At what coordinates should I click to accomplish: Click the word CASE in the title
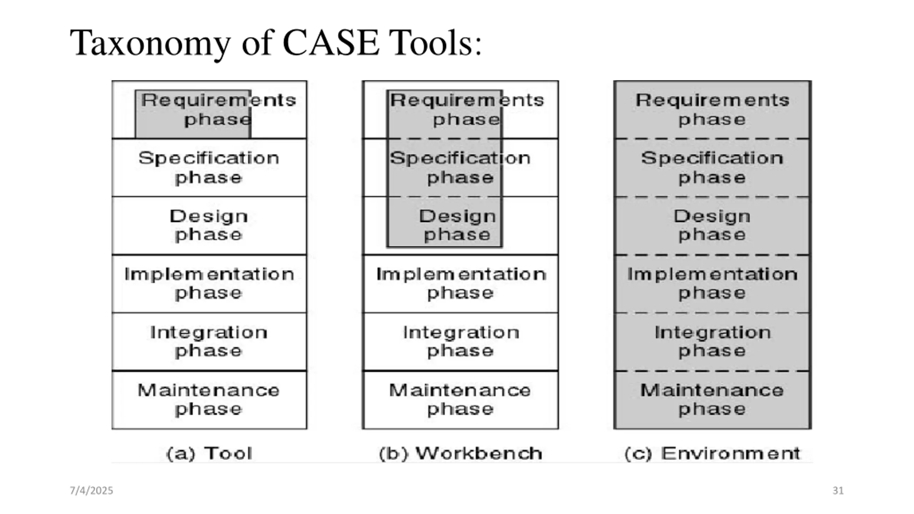coord(331,43)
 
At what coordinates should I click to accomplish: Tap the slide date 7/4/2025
coord(91,490)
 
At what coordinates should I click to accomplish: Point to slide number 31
coord(838,490)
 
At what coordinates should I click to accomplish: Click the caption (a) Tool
coord(209,454)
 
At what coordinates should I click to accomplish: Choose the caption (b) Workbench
coord(460,454)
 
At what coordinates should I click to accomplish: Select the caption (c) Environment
coord(713,454)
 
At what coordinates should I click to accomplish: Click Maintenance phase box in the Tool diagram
coord(209,400)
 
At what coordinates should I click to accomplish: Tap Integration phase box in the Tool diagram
coord(209,342)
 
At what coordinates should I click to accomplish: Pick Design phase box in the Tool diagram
coord(209,226)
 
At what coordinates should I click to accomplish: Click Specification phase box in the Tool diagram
coord(209,167)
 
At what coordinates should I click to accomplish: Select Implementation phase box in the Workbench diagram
coord(461,284)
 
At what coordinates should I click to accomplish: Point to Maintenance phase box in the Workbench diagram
coord(461,400)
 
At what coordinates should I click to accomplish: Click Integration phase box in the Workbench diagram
coord(461,342)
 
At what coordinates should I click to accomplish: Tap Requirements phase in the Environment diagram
coord(713,110)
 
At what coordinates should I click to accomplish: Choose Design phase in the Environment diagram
coord(713,226)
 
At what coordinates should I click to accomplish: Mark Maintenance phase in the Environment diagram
coord(713,400)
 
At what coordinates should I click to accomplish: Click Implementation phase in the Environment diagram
coord(713,284)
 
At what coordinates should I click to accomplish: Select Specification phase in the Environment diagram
coord(713,167)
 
